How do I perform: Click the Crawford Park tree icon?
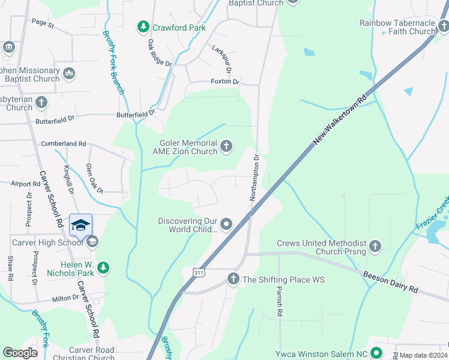[x=143, y=27]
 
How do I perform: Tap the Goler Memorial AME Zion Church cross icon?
[x=226, y=146]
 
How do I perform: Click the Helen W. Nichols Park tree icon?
[x=103, y=268]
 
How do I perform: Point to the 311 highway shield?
[x=199, y=272]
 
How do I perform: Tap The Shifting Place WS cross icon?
[x=234, y=279]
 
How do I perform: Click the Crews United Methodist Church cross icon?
[x=375, y=245]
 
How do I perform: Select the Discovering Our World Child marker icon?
[x=226, y=224]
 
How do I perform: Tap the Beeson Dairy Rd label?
[x=391, y=281]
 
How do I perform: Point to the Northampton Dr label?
[x=255, y=178]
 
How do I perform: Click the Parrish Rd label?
[x=279, y=300]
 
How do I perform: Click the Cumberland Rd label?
[x=64, y=144]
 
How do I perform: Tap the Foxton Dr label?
[x=225, y=82]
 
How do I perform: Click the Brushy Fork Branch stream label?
[x=113, y=62]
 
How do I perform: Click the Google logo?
[x=20, y=353]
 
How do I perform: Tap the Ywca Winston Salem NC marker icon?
[x=376, y=353]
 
